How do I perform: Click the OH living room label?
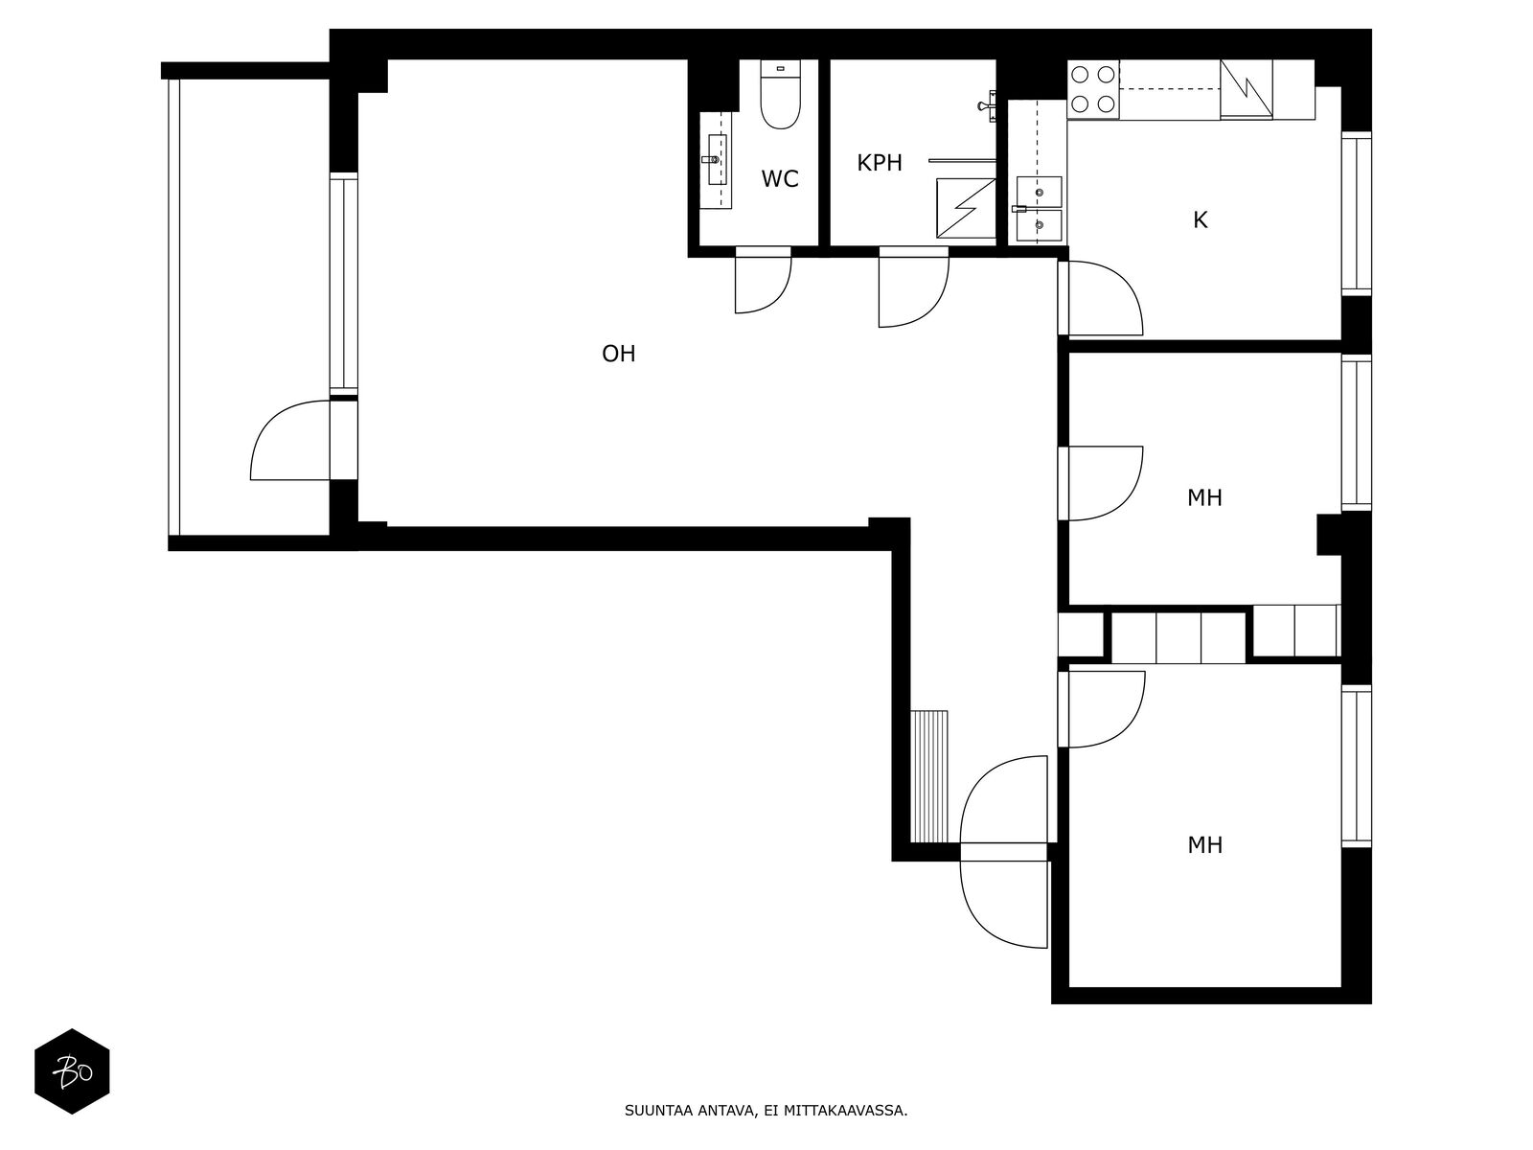(618, 354)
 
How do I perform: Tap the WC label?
(779, 179)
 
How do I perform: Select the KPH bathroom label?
(880, 163)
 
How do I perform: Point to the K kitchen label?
(1200, 220)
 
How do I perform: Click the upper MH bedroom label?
(1204, 497)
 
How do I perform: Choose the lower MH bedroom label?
(1204, 845)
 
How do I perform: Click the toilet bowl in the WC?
(780, 97)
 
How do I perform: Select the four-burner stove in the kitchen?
(1093, 89)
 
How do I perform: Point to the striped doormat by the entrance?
(929, 776)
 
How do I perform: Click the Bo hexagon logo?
(72, 1071)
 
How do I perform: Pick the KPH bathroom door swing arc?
(931, 308)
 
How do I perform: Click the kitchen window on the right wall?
(1357, 213)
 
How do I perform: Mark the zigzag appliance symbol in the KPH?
(966, 208)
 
